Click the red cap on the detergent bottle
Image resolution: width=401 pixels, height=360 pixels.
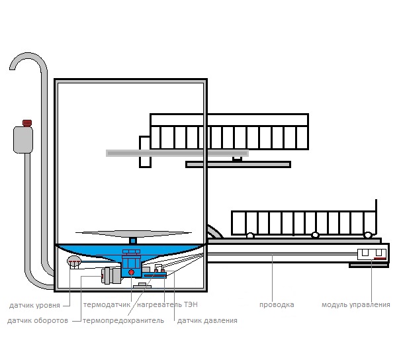tap(27, 123)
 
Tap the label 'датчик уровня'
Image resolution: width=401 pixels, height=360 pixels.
tap(34, 305)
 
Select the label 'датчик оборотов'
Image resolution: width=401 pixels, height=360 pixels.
tap(38, 320)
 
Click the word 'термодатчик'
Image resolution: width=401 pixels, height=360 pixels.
tap(107, 305)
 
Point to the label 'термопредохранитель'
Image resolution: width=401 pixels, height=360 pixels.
tap(123, 320)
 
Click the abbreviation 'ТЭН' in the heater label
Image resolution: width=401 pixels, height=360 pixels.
tap(191, 304)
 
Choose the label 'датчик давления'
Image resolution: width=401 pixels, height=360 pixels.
tap(207, 320)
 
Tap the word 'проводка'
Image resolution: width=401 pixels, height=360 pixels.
tap(277, 305)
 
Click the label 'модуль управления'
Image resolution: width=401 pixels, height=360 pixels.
tap(356, 305)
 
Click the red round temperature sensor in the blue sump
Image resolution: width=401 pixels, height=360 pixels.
tap(131, 272)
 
